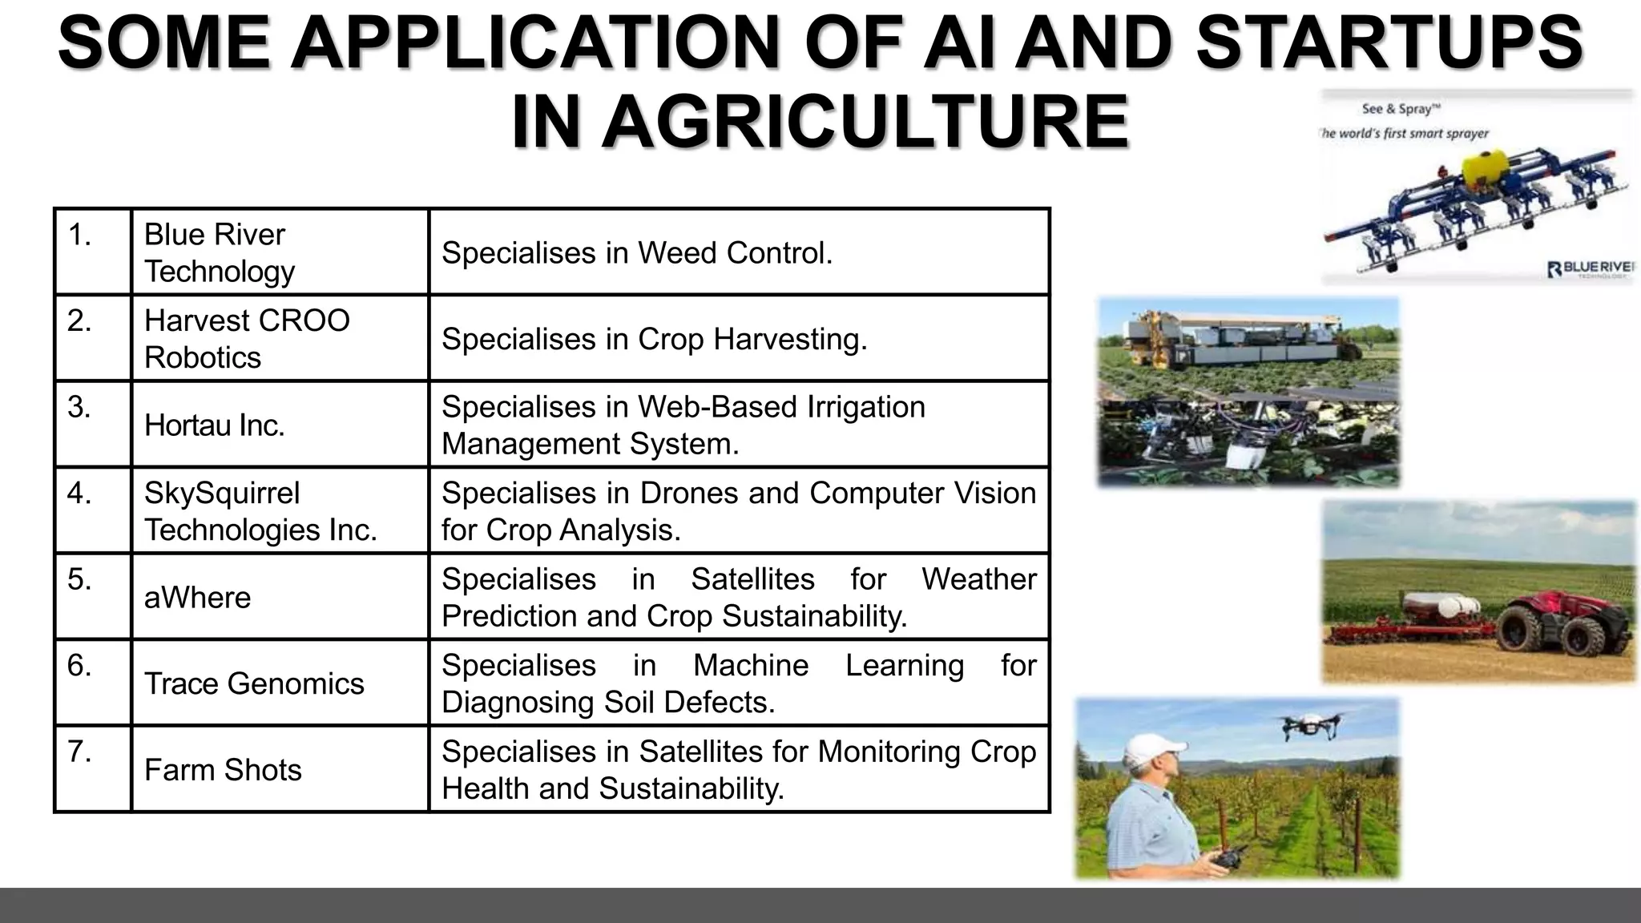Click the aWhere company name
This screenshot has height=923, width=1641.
197,598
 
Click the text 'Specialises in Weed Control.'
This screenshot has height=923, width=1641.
637,253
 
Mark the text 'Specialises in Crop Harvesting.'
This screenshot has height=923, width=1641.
654,339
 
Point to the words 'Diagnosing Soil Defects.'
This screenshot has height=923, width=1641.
608,703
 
